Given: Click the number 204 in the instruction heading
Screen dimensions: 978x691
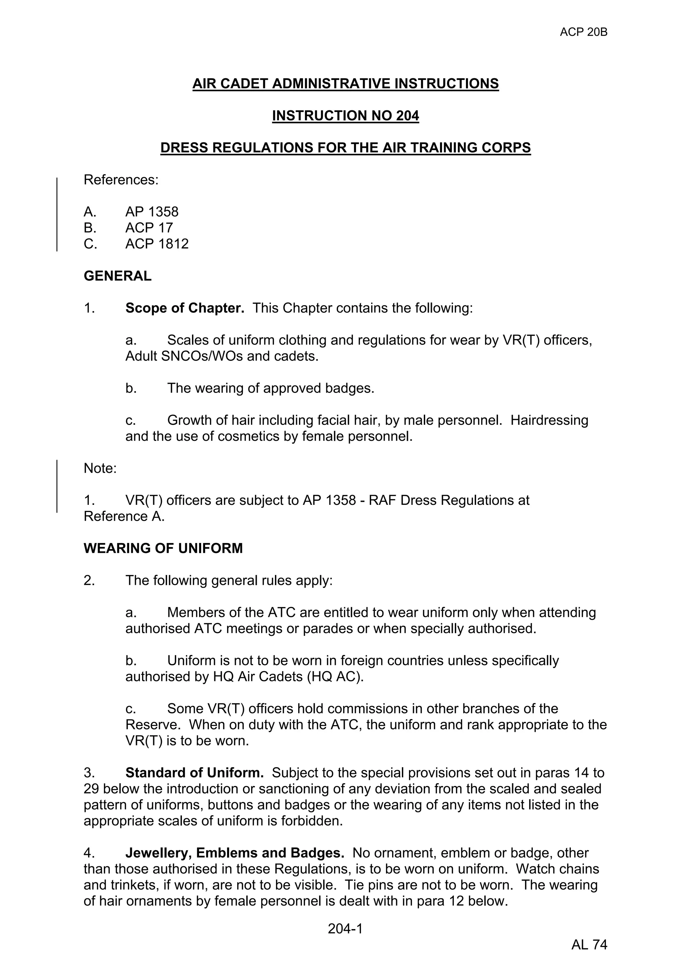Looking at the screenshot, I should point(407,115).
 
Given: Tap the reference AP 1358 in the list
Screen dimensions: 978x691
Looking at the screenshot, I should point(151,212).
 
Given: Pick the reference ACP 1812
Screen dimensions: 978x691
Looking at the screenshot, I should point(157,244).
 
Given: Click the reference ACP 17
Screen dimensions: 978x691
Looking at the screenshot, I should point(149,228).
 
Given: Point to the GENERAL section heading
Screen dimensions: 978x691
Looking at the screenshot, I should point(117,276).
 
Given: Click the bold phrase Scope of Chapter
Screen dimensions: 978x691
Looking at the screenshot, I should point(185,308).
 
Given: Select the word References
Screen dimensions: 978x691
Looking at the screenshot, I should point(121,180).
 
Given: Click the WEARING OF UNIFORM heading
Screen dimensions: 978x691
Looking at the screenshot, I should point(163,548).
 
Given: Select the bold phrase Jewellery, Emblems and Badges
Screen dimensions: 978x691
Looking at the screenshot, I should point(234,853).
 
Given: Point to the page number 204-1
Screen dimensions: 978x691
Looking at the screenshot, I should point(345,929).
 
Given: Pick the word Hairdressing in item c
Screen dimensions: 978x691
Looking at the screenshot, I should point(549,420).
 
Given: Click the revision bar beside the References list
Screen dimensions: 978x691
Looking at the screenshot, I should point(57,214).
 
